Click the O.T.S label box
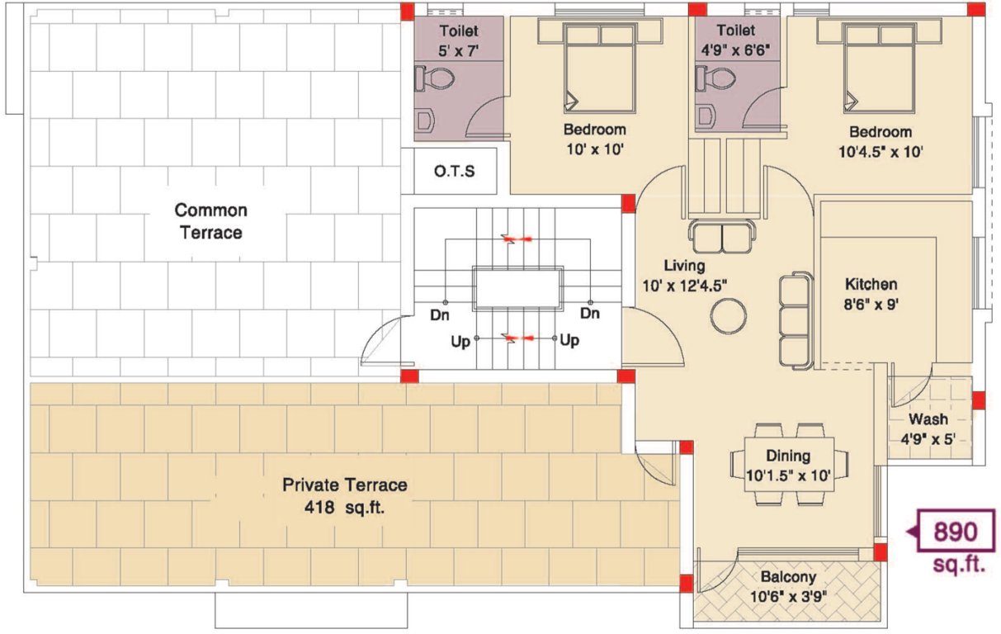[454, 172]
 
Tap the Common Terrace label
[210, 221]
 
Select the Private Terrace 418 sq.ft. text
[345, 495]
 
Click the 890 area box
[954, 532]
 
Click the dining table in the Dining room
[790, 465]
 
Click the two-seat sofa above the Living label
[720, 236]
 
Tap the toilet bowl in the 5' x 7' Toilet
[436, 79]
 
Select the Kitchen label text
[871, 284]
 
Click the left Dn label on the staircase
[439, 314]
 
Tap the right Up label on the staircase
[569, 340]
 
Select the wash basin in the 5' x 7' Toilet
[424, 121]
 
